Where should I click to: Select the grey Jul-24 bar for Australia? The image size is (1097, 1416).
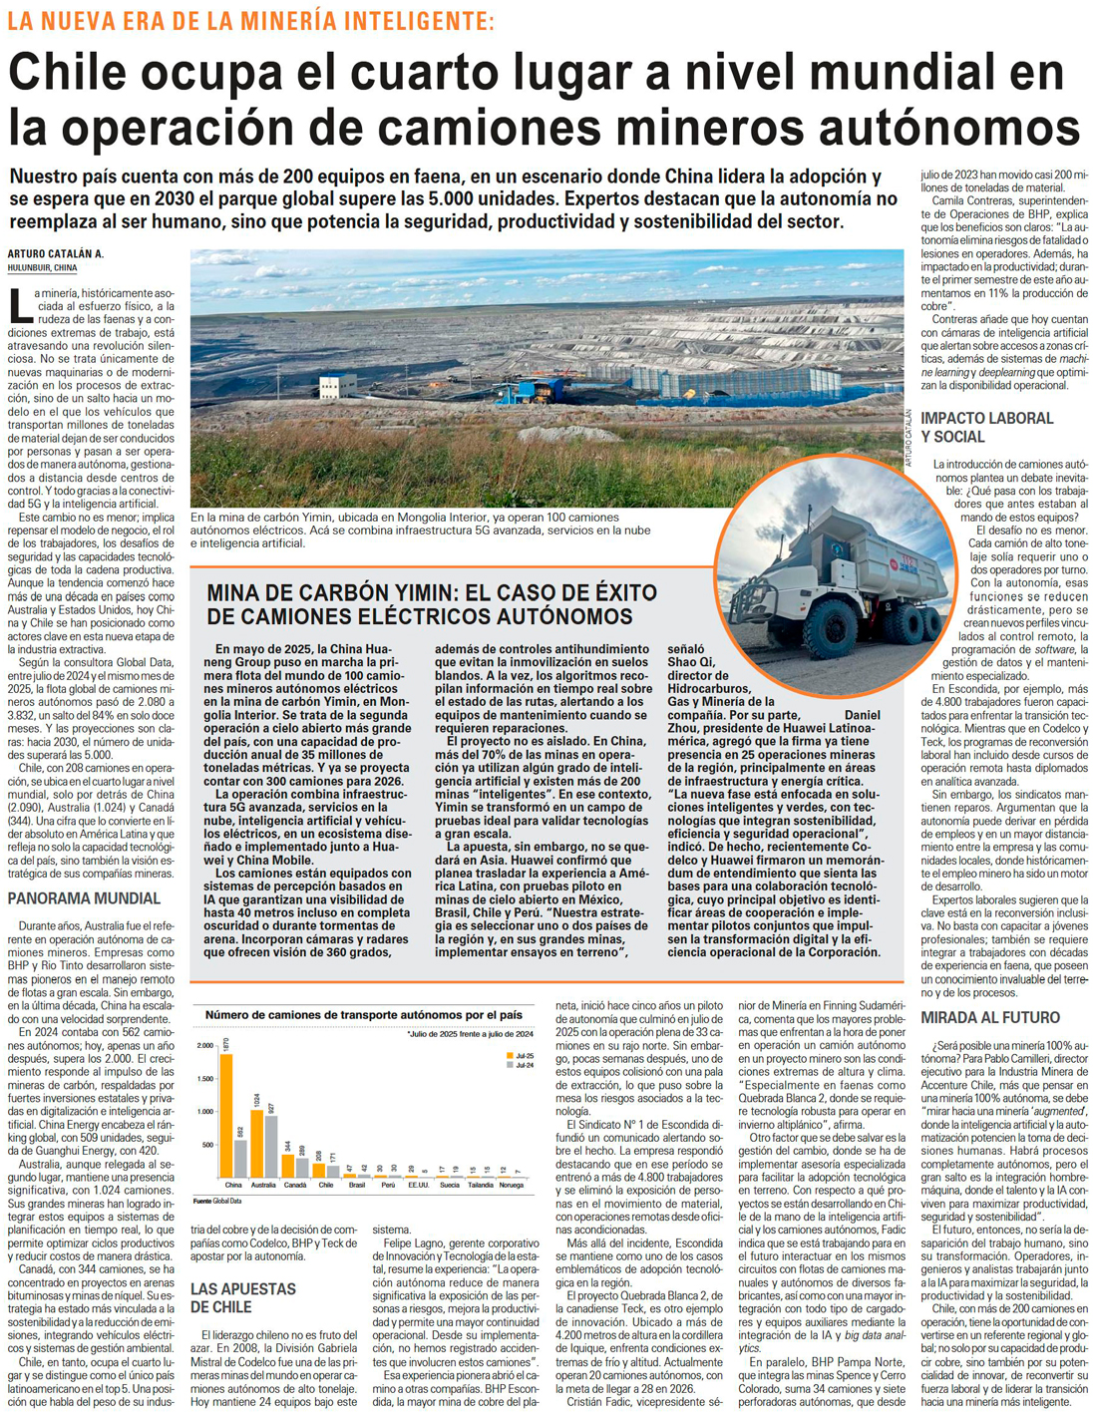click(x=270, y=1146)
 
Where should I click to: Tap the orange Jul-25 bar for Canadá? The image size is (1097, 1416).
click(x=288, y=1165)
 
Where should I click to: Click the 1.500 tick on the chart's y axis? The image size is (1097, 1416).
click(x=204, y=1078)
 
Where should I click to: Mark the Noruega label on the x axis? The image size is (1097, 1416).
click(x=511, y=1185)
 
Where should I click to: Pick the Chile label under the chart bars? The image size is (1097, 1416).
click(x=325, y=1185)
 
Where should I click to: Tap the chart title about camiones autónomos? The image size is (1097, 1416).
click(x=363, y=1014)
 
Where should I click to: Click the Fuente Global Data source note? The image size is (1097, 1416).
click(x=217, y=1201)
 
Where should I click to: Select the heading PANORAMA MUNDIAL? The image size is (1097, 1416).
click(x=84, y=898)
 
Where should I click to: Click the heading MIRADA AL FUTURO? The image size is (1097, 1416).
click(x=989, y=1017)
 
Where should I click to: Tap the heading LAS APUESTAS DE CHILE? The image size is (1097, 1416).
click(x=243, y=1297)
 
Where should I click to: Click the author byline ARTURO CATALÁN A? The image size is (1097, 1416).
click(x=56, y=254)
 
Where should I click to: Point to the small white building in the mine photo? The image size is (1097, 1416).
click(x=337, y=385)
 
